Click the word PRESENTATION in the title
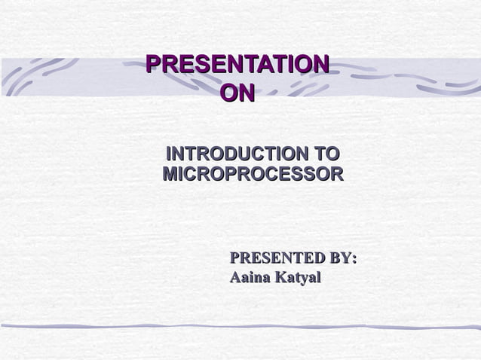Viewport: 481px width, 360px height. [237, 64]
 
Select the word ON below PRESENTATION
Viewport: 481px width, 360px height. [237, 93]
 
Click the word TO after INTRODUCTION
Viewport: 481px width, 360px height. [326, 154]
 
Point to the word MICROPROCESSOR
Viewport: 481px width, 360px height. [253, 175]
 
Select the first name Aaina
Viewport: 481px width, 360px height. [250, 278]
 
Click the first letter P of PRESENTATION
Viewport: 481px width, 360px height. [152, 64]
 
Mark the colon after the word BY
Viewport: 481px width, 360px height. [354, 260]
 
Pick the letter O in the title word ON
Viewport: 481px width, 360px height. [227, 93]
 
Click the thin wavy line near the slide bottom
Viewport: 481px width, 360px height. [240, 326]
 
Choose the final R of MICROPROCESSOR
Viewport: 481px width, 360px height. [337, 175]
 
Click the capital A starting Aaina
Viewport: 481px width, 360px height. [235, 278]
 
